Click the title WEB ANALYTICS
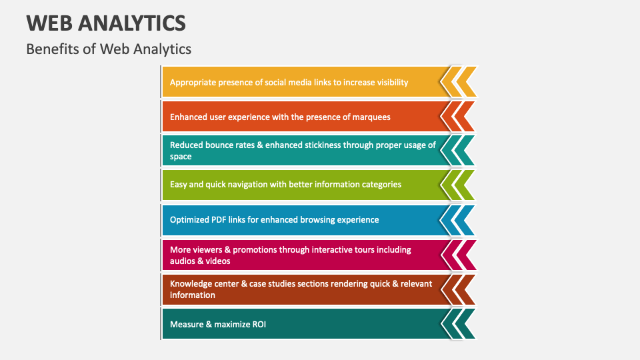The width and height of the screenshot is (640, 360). point(106,23)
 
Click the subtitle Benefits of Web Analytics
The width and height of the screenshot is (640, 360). point(109,49)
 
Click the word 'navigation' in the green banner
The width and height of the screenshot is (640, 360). point(244,184)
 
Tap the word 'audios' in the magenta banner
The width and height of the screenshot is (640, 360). point(183,261)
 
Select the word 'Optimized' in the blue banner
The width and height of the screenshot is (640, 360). point(190,219)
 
